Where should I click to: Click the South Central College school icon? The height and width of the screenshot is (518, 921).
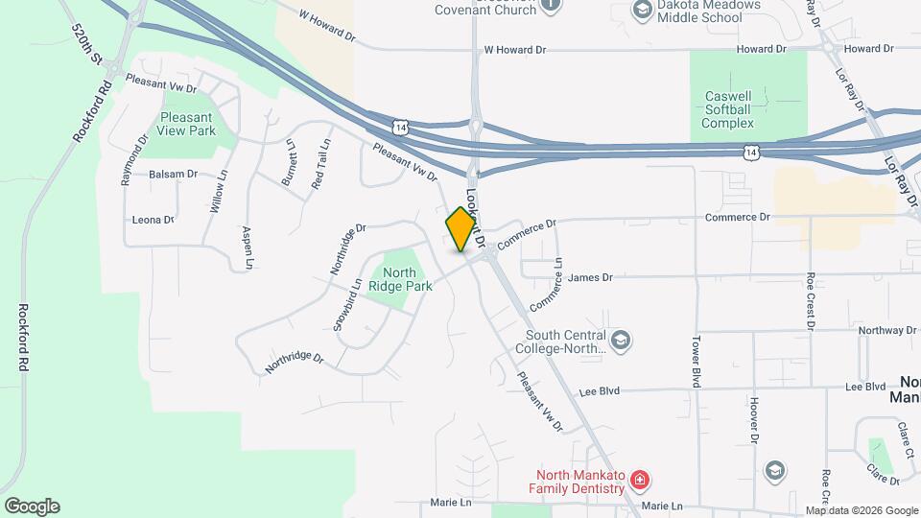(621, 340)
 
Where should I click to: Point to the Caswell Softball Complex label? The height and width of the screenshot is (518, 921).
(747, 110)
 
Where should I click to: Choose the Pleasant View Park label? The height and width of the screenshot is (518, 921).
(188, 124)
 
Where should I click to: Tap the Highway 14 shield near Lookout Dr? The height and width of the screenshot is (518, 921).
(399, 127)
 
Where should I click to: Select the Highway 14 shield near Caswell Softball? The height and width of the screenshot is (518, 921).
(753, 153)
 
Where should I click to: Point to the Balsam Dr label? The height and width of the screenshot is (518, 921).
(173, 175)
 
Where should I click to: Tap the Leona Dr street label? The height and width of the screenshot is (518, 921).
(153, 220)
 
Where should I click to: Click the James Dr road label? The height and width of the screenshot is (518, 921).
(590, 277)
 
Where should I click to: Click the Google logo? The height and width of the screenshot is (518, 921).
(32, 506)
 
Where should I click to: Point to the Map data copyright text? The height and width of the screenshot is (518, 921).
(861, 510)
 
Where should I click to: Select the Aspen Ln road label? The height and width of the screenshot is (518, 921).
(248, 247)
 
